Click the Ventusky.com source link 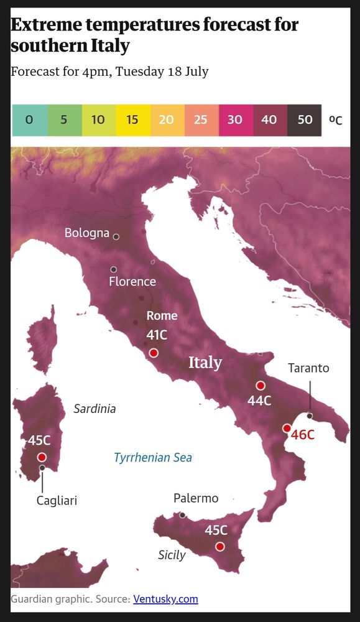coord(165,599)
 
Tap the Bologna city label coord(87,233)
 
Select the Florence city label coord(132,282)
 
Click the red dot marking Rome coord(154,353)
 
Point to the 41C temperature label coord(157,335)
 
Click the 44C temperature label coord(259,401)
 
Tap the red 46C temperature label coord(303,435)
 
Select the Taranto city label coord(308,368)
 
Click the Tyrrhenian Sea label coord(153,458)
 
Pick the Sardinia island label coord(95,409)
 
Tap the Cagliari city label coord(57,500)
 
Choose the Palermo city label coord(196,498)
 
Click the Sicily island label coord(172,554)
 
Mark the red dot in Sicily coord(219,547)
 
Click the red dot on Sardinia coord(42,457)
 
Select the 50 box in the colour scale coord(305,120)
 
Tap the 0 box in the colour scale coord(29,120)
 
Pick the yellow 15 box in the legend coord(132,120)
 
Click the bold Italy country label coord(205,362)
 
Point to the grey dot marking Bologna coord(116,237)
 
